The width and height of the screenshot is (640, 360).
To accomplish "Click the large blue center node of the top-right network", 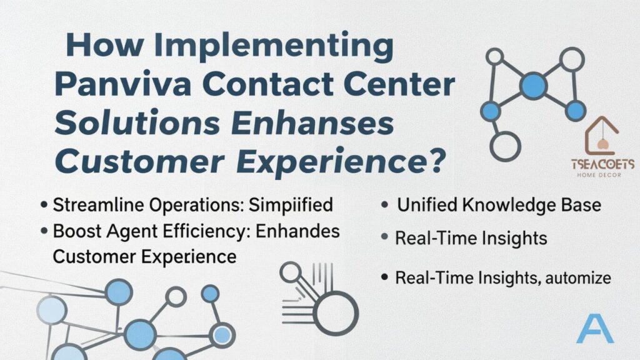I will (533, 85).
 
